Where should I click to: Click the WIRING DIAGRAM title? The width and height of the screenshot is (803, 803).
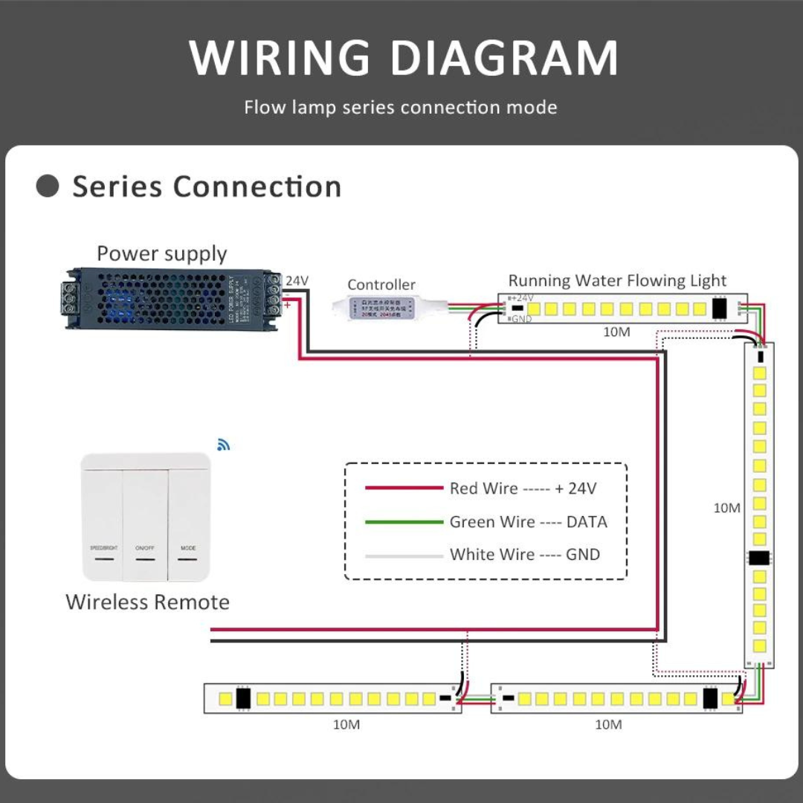tap(402, 58)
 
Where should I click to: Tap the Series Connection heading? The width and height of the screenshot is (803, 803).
tap(207, 187)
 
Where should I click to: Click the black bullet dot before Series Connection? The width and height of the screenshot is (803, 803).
tap(48, 186)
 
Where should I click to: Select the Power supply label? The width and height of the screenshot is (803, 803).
tap(161, 254)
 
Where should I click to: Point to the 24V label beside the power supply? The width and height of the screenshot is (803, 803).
tap(297, 281)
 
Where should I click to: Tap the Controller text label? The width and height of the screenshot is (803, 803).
tap(381, 285)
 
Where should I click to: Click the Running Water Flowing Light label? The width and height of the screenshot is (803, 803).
tap(617, 280)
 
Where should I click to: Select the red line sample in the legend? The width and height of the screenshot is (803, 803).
tap(404, 488)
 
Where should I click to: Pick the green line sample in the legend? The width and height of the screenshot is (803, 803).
tap(404, 522)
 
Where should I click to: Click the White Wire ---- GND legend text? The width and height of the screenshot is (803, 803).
tap(524, 555)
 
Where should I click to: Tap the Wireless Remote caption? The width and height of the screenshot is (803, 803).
tap(147, 602)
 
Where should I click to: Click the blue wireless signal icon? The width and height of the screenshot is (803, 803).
tap(223, 445)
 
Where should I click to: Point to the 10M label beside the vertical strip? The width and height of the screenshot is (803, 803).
tap(726, 509)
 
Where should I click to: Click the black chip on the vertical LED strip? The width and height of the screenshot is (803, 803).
tap(759, 558)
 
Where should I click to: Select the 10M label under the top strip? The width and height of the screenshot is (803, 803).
tap(616, 332)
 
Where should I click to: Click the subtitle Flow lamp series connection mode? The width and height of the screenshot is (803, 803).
tap(401, 108)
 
